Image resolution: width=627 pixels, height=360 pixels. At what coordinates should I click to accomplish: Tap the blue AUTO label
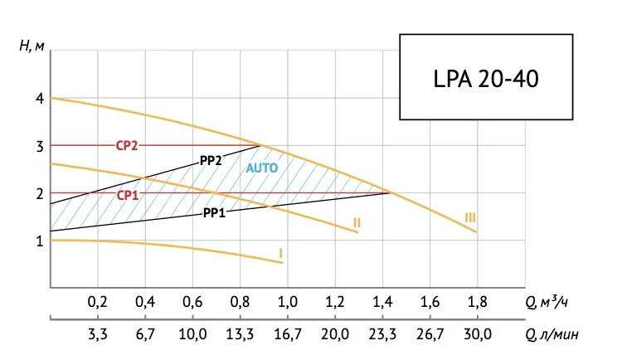pyautogui.click(x=262, y=168)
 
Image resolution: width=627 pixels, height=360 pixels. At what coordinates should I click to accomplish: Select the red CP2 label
pyautogui.click(x=126, y=146)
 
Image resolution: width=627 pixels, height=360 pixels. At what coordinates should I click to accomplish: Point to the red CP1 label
pyautogui.click(x=126, y=195)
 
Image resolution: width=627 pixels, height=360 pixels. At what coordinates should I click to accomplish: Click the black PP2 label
pyautogui.click(x=211, y=160)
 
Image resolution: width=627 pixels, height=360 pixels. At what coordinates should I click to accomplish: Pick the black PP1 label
pyautogui.click(x=215, y=212)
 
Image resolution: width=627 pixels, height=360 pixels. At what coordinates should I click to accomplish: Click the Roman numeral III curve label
pyautogui.click(x=470, y=217)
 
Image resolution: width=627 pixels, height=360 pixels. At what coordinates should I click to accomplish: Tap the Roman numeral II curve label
pyautogui.click(x=356, y=222)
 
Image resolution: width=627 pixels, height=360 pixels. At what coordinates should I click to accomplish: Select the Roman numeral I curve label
pyautogui.click(x=281, y=251)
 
